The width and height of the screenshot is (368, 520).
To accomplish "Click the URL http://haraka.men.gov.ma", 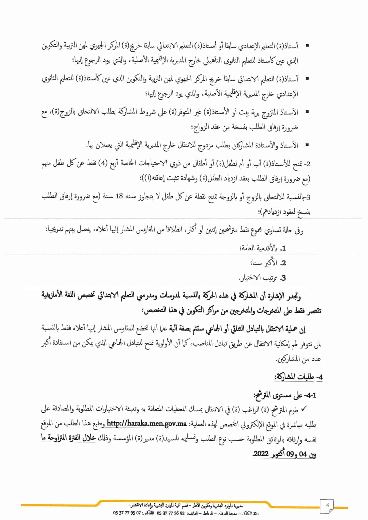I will point(147,424).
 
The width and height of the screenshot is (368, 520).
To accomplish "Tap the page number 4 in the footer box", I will point(327,505).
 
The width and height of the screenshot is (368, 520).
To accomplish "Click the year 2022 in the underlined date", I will point(261,454).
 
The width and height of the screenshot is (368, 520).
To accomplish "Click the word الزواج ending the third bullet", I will point(200,127).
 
